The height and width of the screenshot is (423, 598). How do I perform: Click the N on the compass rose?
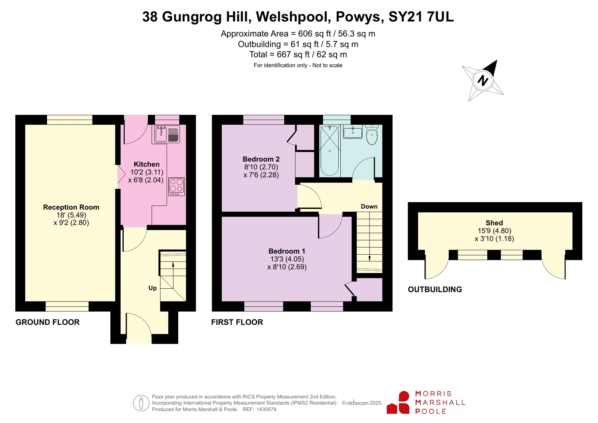click(483, 80)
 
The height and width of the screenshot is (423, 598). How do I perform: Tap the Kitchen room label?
click(147, 164)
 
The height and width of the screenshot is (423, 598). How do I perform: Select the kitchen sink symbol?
click(167, 134)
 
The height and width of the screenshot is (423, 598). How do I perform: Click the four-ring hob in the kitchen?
click(177, 186)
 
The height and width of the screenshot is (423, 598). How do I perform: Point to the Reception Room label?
click(71, 207)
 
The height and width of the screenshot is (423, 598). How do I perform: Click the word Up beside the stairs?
click(153, 288)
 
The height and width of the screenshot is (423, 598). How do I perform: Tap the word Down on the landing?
click(369, 206)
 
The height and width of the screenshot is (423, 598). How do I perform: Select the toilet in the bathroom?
click(372, 135)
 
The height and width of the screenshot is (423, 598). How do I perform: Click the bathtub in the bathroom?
click(330, 151)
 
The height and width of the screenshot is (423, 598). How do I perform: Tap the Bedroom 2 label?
click(261, 159)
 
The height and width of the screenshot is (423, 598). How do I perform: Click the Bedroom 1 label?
click(287, 251)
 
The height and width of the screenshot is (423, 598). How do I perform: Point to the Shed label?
click(494, 223)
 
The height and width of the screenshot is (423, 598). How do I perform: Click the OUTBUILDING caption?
click(435, 289)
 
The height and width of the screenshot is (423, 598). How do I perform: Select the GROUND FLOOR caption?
click(47, 322)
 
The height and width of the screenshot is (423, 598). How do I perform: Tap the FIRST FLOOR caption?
click(237, 322)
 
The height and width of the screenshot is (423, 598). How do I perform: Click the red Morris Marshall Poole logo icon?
click(398, 402)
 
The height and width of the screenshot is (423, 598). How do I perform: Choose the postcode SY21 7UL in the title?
click(421, 17)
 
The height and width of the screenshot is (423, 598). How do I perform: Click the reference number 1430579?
click(266, 410)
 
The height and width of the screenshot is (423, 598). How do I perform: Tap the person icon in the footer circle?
click(141, 403)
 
